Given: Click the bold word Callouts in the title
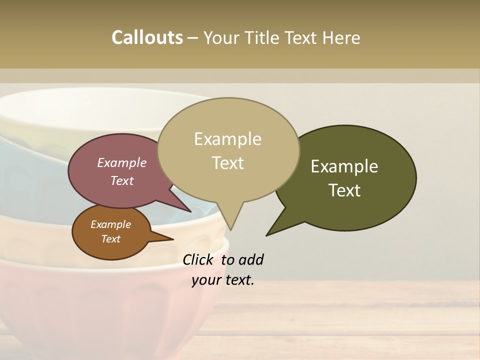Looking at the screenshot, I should (147, 37).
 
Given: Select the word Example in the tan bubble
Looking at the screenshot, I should (227, 139).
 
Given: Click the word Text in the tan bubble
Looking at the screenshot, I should (228, 163).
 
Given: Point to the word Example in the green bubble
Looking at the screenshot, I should (344, 166).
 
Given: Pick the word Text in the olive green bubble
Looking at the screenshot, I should (344, 190).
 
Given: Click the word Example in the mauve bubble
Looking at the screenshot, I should (122, 162).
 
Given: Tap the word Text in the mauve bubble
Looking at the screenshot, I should (122, 180).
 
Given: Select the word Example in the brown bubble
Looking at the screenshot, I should (110, 224).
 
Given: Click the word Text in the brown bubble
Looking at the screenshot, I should (110, 239).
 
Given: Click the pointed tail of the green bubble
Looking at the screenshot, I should (268, 234).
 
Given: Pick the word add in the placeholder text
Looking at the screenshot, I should (251, 259).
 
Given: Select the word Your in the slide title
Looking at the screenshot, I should (220, 37).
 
